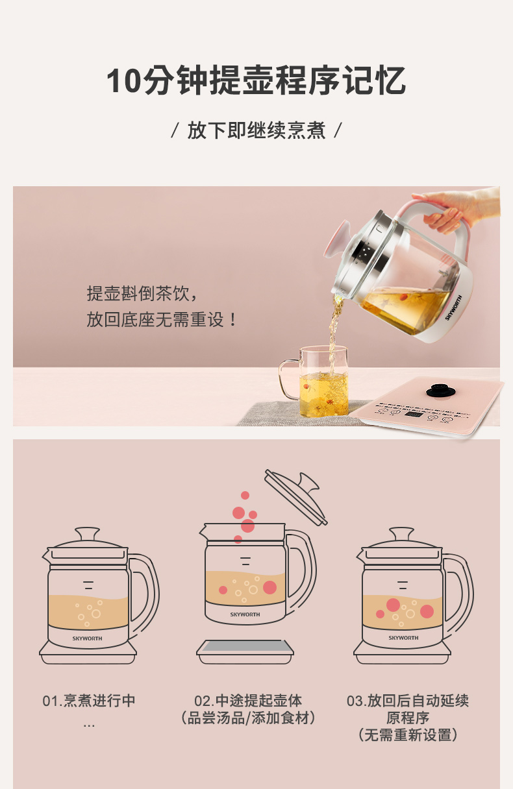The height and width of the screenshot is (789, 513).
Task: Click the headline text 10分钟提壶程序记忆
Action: click(256, 80)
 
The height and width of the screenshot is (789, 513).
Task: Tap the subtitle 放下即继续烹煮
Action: click(256, 130)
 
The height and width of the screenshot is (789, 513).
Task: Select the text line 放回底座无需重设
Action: click(162, 319)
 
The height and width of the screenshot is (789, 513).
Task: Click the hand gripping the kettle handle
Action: click(458, 208)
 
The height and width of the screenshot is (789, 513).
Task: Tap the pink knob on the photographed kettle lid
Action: click(336, 239)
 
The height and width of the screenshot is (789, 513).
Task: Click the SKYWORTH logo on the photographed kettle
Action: click(453, 308)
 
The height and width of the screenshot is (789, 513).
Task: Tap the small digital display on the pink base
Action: click(414, 413)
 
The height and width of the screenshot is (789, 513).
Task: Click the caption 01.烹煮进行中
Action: click(89, 701)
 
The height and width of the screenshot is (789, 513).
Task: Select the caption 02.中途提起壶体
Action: click(248, 701)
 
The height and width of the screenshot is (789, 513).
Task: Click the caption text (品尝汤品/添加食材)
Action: click(248, 718)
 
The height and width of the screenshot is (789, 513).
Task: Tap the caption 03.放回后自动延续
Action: click(408, 701)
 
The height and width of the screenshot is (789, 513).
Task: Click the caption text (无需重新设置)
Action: click(408, 735)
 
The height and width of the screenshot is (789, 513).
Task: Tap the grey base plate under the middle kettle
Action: click(245, 651)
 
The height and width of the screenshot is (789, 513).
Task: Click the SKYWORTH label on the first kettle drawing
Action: click(87, 638)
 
